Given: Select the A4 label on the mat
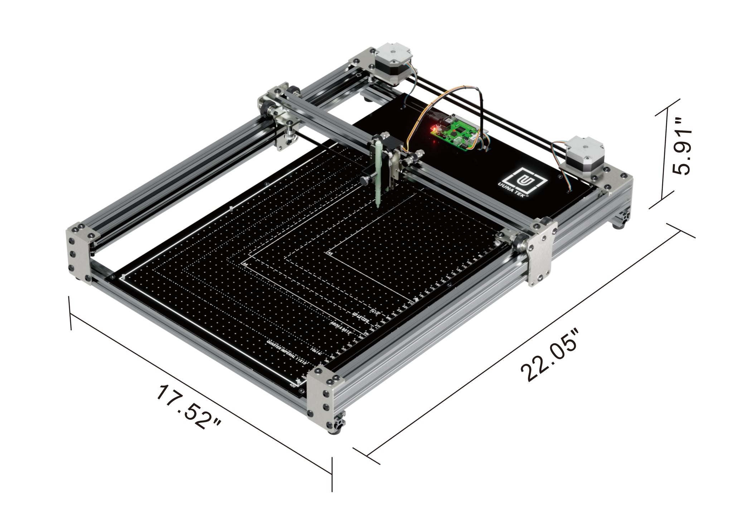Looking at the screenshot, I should [245, 264].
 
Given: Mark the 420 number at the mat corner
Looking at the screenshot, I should [292, 386].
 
